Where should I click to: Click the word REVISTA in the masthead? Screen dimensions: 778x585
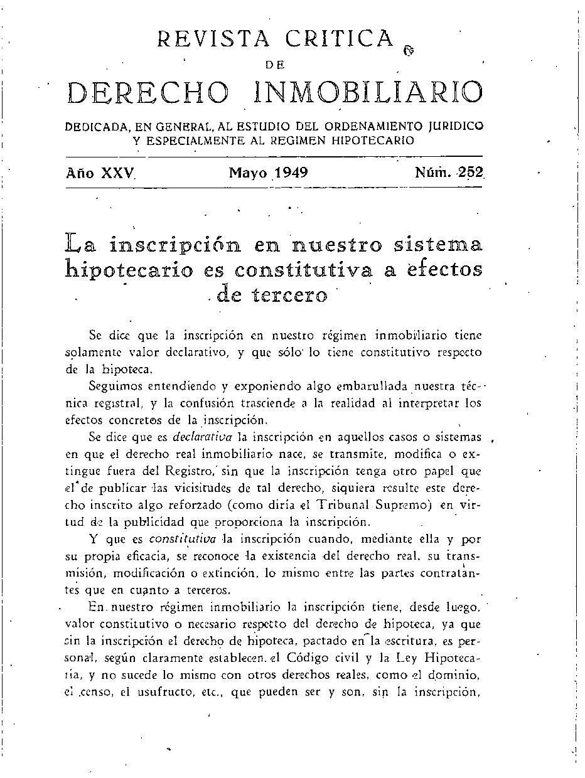[213, 40]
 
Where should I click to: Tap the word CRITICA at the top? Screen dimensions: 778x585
[340, 40]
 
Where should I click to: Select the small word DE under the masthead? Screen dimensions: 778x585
[275, 63]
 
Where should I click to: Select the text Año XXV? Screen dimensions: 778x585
[101, 173]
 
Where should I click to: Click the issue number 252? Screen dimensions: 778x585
[470, 173]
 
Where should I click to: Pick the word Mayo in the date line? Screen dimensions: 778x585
[247, 173]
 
